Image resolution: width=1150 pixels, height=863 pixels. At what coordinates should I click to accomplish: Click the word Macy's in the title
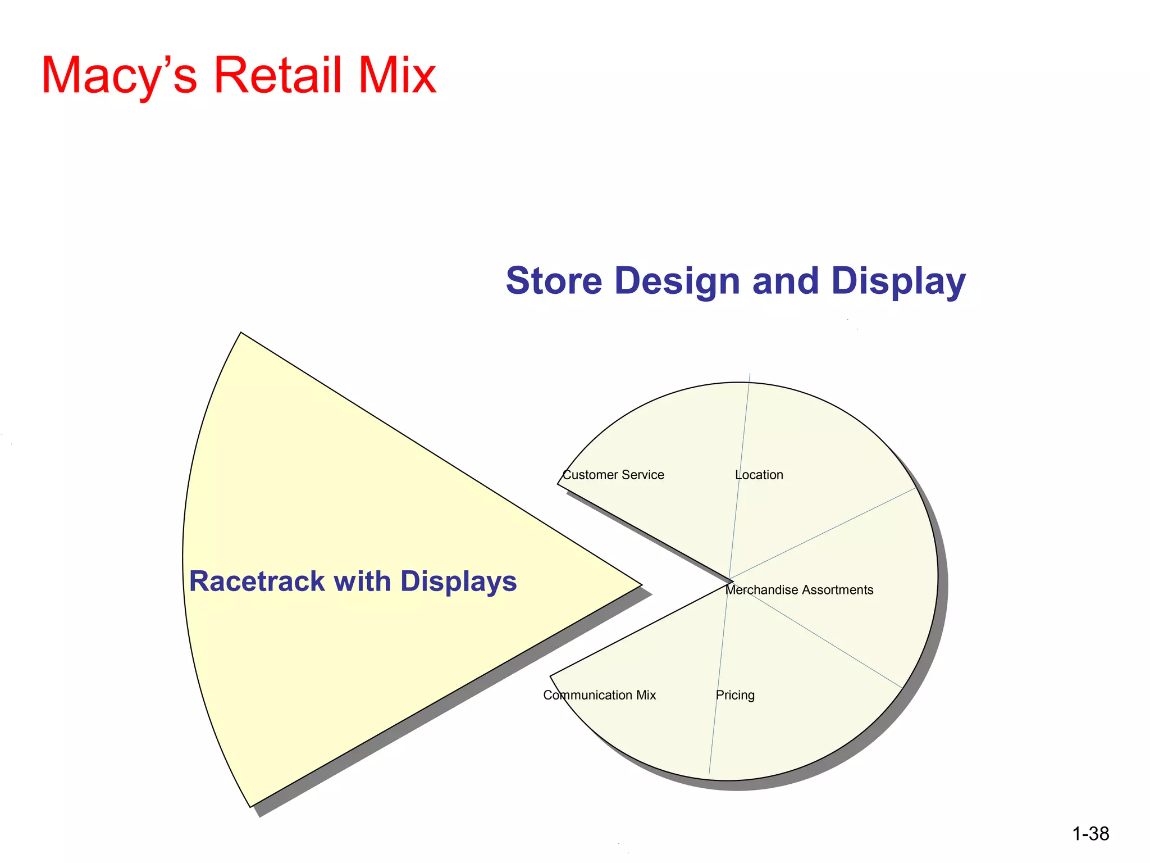tap(119, 76)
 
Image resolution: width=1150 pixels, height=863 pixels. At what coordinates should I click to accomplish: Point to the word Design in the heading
tap(677, 281)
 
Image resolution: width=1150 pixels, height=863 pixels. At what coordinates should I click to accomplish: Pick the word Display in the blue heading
tap(898, 281)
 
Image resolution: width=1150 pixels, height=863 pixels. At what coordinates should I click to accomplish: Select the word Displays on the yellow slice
tap(458, 582)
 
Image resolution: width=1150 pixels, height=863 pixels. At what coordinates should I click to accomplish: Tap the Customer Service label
tap(613, 475)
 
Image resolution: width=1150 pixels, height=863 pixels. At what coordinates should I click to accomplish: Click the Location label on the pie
tap(759, 475)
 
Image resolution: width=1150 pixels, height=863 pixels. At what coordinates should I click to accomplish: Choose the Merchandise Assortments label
tap(799, 590)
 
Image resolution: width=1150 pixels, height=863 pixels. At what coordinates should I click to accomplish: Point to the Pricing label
tap(735, 696)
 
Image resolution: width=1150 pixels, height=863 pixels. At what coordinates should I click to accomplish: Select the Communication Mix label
tap(599, 696)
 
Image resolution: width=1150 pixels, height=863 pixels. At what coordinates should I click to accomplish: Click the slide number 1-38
tap(1090, 834)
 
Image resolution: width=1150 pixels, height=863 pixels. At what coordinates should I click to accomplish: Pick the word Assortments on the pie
tap(837, 590)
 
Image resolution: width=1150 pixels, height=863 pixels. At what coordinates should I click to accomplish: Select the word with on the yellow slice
tap(362, 581)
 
